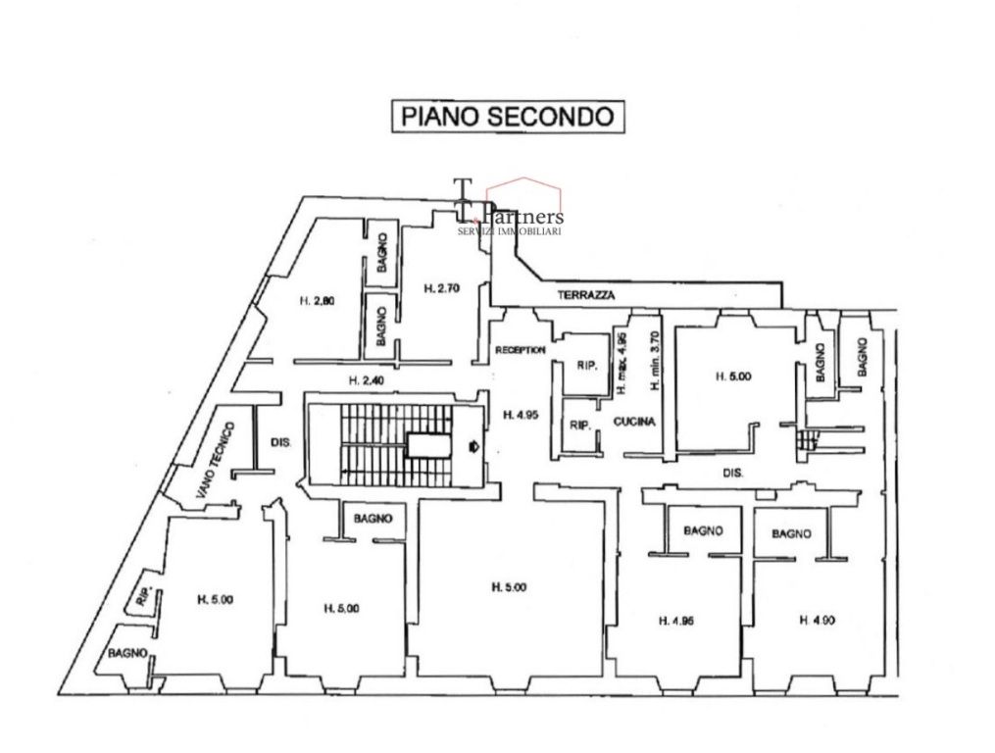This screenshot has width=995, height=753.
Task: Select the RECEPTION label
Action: (520, 349)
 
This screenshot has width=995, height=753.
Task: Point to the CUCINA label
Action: (634, 422)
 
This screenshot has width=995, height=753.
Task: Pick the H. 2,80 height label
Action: (317, 302)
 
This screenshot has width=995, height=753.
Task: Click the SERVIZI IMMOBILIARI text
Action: (510, 231)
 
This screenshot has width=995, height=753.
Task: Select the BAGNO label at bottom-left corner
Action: (127, 652)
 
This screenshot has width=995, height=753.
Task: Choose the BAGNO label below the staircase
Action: (373, 518)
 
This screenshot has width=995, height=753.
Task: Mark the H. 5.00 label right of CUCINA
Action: (733, 375)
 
